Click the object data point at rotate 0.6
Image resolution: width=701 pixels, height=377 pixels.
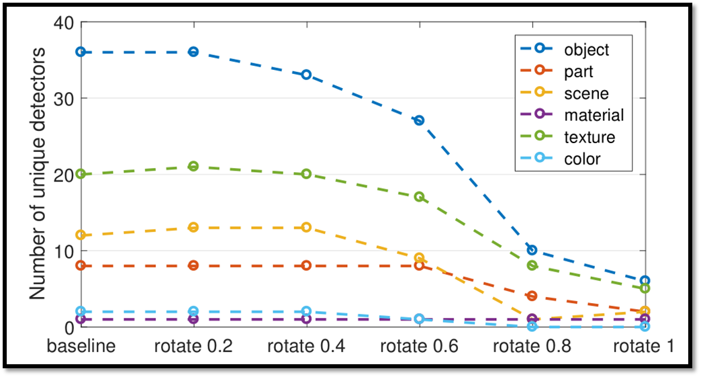(419, 120)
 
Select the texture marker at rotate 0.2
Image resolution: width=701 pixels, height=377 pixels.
(193, 166)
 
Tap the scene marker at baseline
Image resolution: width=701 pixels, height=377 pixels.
(81, 235)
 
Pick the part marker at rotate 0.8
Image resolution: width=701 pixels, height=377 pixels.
(532, 296)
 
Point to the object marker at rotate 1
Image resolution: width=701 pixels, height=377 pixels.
(645, 281)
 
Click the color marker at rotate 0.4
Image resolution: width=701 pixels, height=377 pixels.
(306, 312)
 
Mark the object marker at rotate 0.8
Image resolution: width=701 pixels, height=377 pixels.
(532, 250)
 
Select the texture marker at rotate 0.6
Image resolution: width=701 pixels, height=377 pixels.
(419, 197)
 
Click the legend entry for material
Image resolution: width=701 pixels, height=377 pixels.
(594, 115)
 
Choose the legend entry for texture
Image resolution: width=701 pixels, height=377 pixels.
(589, 137)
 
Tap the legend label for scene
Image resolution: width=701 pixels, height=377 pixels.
(586, 93)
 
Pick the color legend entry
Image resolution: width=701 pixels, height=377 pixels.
(582, 159)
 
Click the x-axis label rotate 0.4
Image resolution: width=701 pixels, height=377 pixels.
(306, 346)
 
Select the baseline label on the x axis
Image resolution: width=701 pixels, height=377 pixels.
(81, 346)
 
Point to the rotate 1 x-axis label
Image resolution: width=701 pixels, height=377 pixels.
(644, 346)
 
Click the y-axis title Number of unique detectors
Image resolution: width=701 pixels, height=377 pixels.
(39, 173)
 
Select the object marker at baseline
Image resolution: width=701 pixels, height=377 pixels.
(81, 52)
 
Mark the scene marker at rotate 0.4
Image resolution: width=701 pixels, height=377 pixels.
(306, 227)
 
